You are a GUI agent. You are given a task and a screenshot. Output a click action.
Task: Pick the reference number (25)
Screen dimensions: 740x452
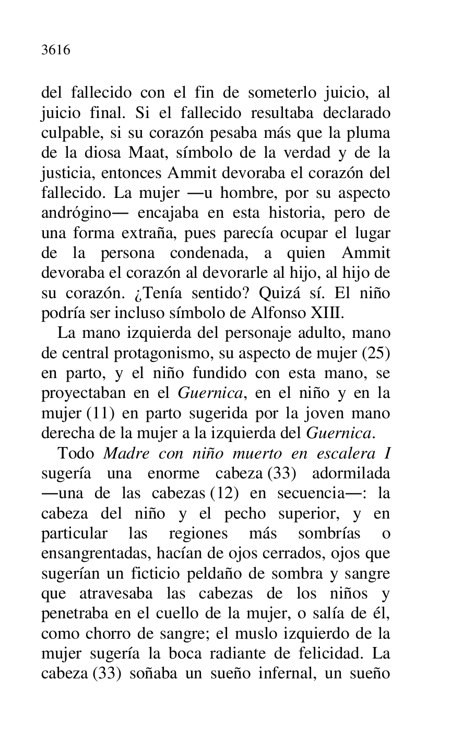coord(376,353)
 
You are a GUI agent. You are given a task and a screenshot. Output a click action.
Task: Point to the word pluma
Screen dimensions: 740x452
coord(367,133)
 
